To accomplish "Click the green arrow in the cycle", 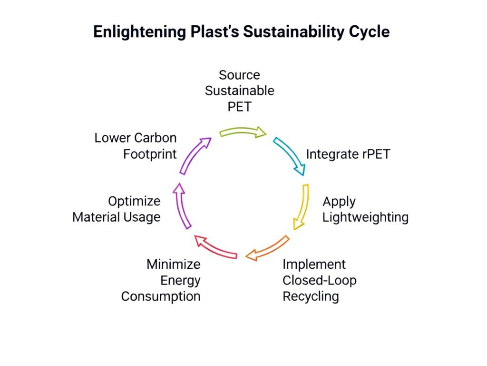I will click(243, 132).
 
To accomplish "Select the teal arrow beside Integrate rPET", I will click(291, 155).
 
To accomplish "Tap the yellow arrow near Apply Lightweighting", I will click(302, 206).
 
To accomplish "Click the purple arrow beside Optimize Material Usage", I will click(182, 205).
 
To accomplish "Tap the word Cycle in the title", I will click(368, 31).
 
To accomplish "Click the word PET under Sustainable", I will click(239, 106).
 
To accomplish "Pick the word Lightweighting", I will click(365, 217).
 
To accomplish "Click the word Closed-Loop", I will click(320, 280).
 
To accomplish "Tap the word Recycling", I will click(311, 296).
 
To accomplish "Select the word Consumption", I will click(161, 296).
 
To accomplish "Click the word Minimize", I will click(173, 264).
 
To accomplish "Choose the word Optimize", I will click(134, 201).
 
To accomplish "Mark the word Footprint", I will click(150, 154).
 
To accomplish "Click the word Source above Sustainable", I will click(239, 75).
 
